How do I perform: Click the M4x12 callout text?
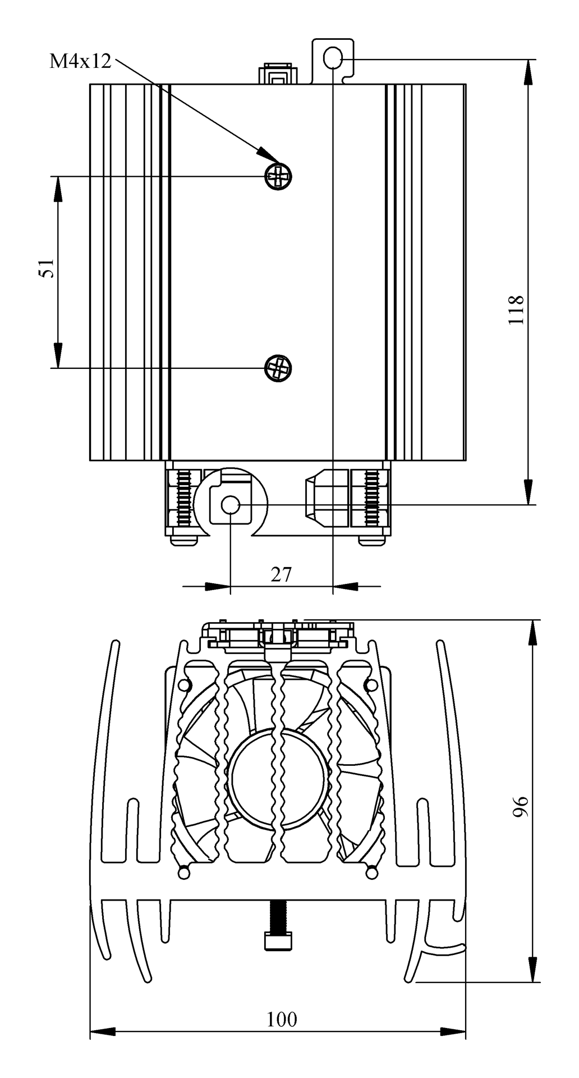click(80, 61)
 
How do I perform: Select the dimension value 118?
click(516, 309)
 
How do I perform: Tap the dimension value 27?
click(281, 574)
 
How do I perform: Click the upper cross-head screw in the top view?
click(278, 176)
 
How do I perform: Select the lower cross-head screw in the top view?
click(278, 368)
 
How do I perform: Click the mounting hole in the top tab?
click(333, 57)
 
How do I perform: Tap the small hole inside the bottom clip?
click(230, 505)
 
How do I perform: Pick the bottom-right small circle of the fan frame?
click(371, 873)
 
